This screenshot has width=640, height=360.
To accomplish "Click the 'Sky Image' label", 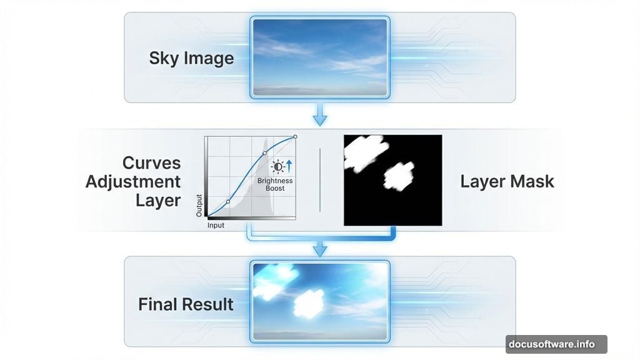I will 191,59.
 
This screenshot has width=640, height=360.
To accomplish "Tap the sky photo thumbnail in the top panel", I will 319,57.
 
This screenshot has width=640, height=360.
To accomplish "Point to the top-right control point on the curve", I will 295,136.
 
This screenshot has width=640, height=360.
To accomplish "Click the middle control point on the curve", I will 264,153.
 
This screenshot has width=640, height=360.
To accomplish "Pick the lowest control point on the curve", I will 227,202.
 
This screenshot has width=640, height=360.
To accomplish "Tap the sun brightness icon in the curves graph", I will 278,166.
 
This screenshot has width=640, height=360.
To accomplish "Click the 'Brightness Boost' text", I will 275,185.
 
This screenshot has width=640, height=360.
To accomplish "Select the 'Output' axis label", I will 199,205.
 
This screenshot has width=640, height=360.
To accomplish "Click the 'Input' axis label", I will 216,225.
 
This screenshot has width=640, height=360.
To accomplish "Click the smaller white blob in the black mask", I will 397,176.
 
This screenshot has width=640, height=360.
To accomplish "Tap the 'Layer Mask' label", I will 507,182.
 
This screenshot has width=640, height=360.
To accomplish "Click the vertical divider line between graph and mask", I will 319,180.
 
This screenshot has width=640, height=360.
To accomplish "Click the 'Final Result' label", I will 186,305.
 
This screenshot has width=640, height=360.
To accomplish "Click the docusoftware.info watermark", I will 556,344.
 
